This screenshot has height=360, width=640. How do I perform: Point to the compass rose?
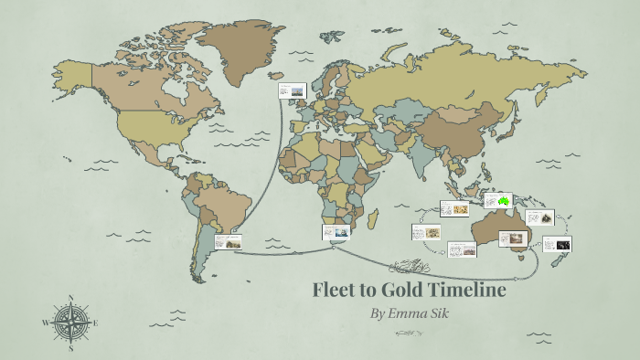click(x=71, y=323)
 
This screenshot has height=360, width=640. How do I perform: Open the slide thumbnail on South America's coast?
click(x=230, y=241)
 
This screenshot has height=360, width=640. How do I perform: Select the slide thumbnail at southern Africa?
click(x=336, y=232)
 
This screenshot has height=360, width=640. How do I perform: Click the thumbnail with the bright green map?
click(x=499, y=200)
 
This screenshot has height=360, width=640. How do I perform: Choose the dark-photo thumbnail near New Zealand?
click(x=557, y=244)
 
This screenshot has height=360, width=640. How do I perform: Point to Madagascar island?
click(x=373, y=219)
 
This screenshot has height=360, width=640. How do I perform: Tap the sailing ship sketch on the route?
click(x=408, y=267)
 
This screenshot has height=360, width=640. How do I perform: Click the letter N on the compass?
click(x=71, y=297)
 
